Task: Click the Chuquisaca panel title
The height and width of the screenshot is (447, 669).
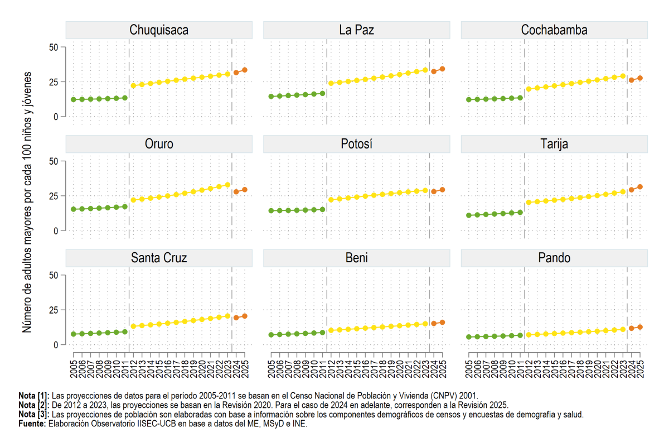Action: (x=159, y=30)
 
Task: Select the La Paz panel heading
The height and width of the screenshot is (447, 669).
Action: (x=357, y=30)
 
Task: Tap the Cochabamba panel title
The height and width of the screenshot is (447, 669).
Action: (x=554, y=30)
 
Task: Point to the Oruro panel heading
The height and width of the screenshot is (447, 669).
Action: (x=159, y=144)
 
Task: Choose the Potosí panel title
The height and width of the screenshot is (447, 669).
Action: (x=357, y=144)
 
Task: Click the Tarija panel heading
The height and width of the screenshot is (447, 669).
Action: (x=554, y=144)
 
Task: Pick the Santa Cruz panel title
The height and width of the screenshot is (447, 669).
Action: (x=159, y=258)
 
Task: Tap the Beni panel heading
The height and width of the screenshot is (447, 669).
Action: (x=357, y=258)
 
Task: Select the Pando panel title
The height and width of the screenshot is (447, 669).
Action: (x=554, y=258)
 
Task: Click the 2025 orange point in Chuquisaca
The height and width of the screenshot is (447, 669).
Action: (x=245, y=70)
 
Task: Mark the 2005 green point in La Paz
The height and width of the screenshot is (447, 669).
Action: (x=271, y=97)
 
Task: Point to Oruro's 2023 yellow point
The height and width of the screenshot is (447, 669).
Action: (x=227, y=185)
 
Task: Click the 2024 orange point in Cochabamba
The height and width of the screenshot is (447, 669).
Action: (x=631, y=80)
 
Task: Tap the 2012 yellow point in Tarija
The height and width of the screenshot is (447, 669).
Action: (x=529, y=203)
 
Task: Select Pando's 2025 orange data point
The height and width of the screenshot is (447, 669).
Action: (x=640, y=327)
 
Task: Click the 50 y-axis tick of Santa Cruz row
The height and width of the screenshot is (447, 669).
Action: (x=54, y=275)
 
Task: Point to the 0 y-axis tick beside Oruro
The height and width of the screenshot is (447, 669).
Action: (x=56, y=231)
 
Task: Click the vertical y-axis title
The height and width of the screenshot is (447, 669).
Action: (x=27, y=202)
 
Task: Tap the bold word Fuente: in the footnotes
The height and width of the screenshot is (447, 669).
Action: (x=32, y=424)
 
